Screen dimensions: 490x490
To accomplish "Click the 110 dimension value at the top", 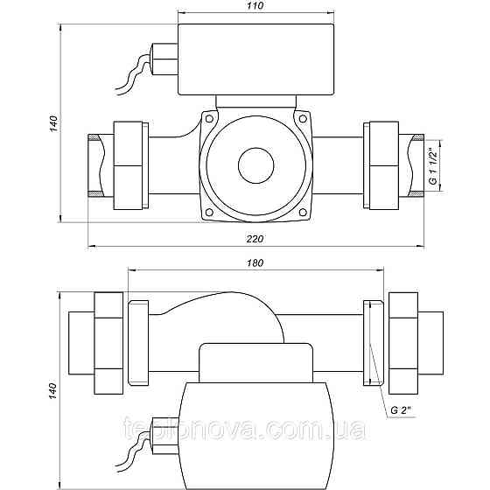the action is (x=255, y=5).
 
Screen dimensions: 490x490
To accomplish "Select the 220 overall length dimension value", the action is (x=255, y=239).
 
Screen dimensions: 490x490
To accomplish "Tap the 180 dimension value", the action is (x=255, y=263).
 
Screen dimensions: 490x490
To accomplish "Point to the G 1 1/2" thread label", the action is (x=433, y=166).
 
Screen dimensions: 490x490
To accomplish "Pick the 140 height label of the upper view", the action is (x=53, y=123).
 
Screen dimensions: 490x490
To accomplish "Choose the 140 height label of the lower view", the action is (x=52, y=390).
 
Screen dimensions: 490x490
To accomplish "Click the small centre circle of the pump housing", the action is (x=255, y=165).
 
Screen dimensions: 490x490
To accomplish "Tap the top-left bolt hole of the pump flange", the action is (x=209, y=119).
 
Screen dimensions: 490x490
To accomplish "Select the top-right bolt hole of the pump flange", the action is (x=303, y=119).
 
